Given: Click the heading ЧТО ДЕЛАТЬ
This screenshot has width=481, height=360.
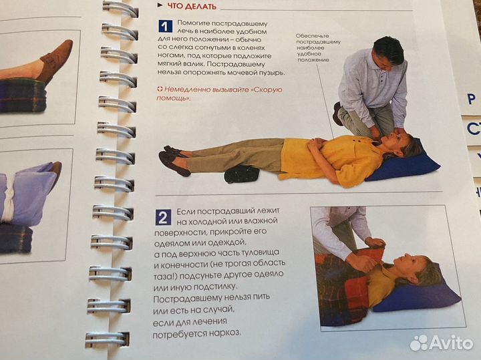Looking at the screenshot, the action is pos(192,6).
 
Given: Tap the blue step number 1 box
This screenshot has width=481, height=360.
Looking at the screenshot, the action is pos(165,26).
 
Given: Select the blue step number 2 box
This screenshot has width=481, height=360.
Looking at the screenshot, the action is pos(163,218).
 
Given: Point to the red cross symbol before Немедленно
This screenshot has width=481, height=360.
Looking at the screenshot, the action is pos(160,89).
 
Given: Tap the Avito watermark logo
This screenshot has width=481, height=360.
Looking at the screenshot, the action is pos(442,343).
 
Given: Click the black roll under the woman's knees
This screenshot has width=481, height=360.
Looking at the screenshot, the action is pos(242,174).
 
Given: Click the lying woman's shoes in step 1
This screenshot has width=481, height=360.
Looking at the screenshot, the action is pos(174,160).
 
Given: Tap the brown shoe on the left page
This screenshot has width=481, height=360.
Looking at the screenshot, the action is pos(55,60).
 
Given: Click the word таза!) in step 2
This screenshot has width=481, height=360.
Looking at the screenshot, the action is pos(166,276).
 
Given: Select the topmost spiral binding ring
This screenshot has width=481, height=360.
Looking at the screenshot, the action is pos(120,9).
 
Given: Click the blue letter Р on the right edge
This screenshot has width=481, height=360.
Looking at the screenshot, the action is pos(471,99).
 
